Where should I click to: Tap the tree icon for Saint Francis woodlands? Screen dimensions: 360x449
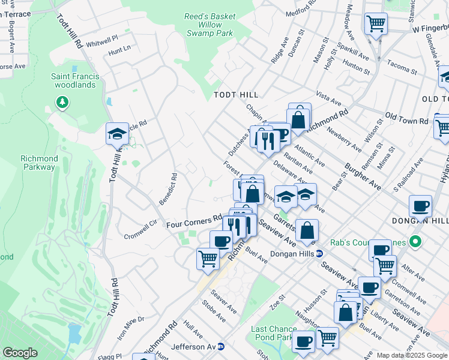coord(62,103)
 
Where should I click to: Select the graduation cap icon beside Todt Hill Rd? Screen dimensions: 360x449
coord(118,134)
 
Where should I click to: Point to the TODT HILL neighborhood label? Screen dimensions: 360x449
coord(236,95)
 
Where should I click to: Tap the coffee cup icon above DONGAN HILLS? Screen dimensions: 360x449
coord(420,206)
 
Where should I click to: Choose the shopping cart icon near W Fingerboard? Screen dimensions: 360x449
coord(376,24)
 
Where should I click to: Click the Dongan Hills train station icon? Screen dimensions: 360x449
coord(320,254)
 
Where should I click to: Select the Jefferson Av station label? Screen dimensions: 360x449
coord(192,346)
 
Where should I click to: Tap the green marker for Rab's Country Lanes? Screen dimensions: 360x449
coord(414,242)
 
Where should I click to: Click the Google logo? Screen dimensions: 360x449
coord(20,353)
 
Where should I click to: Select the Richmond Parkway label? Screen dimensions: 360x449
coord(39,163)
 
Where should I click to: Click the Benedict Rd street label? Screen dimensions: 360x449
coord(173,187)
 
